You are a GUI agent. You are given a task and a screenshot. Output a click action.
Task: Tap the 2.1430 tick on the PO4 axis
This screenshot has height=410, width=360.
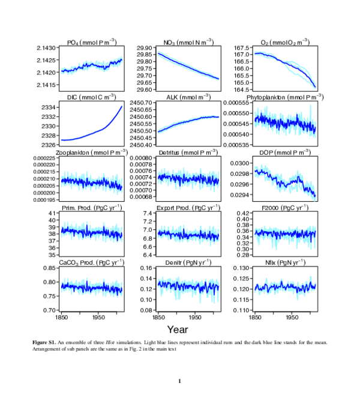click(47, 47)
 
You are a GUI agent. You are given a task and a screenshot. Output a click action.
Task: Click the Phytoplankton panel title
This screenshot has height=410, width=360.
click(284, 97)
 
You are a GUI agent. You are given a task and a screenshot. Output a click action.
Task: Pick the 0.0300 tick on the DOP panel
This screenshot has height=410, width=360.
click(241, 163)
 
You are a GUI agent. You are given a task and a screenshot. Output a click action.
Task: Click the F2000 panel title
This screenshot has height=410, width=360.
click(284, 208)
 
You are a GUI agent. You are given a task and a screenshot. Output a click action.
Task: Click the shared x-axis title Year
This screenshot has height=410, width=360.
click(178, 329)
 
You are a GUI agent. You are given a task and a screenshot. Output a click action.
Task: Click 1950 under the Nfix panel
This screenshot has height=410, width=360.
click(292, 316)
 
